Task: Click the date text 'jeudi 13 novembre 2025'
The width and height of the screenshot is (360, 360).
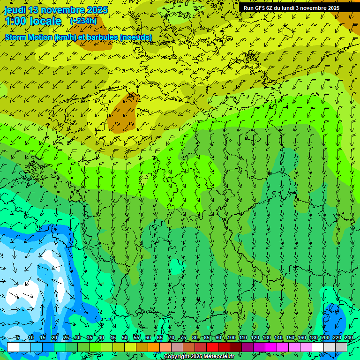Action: coord(56,10)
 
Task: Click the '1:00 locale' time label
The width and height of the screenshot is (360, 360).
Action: coord(33,21)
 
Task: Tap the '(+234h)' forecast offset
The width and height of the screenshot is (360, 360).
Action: coord(83,21)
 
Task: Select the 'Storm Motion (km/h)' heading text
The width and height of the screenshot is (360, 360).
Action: coord(52,37)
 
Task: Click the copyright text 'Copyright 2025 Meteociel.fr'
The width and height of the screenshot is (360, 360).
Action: coord(199,357)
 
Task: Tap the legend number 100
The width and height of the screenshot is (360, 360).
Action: coord(231,338)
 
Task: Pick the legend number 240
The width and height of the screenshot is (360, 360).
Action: coord(349,338)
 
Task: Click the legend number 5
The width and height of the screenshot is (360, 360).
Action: coord(18,338)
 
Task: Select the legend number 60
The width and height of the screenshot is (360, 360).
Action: coord(148,338)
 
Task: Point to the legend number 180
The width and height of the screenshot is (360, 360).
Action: coord(313,338)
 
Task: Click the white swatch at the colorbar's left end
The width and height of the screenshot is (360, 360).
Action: coord(13,347)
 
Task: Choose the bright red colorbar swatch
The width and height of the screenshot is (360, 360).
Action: coord(212,347)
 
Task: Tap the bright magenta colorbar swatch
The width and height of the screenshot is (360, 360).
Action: coord(271,347)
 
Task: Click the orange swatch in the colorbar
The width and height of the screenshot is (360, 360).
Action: coord(154,347)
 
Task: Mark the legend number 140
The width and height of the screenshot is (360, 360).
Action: coord(278,338)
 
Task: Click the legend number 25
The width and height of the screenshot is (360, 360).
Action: coord(66,338)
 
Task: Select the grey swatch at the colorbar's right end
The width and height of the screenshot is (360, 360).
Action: coord(341,347)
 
